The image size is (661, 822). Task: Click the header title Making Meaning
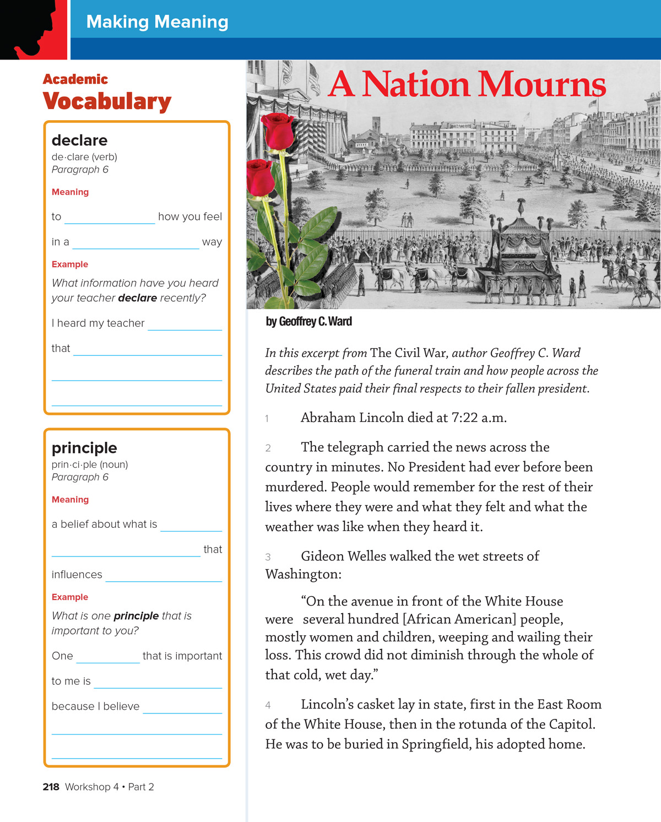(x=157, y=21)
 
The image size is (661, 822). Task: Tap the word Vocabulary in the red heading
(x=107, y=101)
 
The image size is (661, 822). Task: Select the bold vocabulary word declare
(x=79, y=140)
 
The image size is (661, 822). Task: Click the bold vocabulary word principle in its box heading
(x=84, y=448)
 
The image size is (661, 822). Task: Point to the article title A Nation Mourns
(x=467, y=85)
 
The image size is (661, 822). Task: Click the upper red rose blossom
(x=279, y=130)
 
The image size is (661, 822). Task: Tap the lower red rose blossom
(x=260, y=177)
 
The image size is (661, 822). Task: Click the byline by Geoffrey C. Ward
(x=308, y=322)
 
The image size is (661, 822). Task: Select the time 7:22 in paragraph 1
(x=464, y=418)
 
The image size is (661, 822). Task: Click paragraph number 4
(x=268, y=705)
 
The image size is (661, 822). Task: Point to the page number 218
(x=51, y=787)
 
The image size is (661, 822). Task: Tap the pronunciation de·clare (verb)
(x=84, y=157)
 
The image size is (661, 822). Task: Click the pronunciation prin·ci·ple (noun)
(x=90, y=464)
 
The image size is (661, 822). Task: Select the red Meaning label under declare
(x=70, y=192)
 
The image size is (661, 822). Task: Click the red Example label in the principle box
(x=69, y=597)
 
